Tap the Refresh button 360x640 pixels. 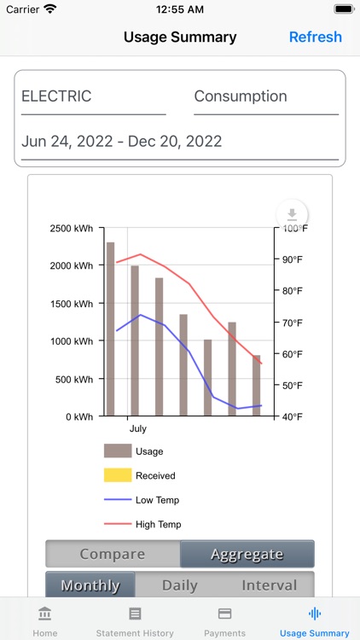[315, 37]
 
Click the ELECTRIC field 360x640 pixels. [93, 96]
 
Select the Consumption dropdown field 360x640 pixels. [265, 96]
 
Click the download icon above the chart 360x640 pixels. [292, 214]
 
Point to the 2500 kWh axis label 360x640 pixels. [72, 228]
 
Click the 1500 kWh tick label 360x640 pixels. [72, 303]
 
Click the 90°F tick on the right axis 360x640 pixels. [293, 259]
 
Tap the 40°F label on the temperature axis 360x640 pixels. [293, 416]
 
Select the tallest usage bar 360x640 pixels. [110, 329]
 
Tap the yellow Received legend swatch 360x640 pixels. [118, 475]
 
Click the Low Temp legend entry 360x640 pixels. [157, 500]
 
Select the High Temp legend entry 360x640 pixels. [158, 524]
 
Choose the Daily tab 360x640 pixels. [180, 585]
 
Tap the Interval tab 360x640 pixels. [270, 585]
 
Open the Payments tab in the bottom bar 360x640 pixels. [225, 620]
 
